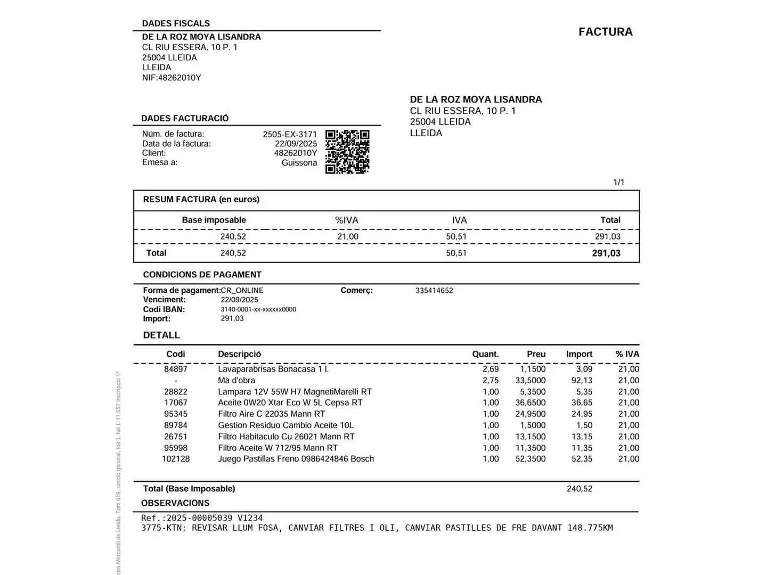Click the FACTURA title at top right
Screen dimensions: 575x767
pos(606,32)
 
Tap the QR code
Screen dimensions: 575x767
pos(347,152)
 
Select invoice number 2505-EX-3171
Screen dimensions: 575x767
pos(290,134)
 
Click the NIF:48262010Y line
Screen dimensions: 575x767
pos(172,78)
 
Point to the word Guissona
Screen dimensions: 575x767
pos(299,163)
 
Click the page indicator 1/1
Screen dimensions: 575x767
pos(619,183)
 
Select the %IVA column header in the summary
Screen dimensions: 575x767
pos(347,220)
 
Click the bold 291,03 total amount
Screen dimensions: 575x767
pos(606,253)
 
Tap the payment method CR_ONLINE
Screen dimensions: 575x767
pos(242,291)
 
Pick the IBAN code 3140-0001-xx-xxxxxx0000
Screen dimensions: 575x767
pos(258,309)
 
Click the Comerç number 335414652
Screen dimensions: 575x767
pos(434,291)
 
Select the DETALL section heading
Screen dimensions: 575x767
pos(161,335)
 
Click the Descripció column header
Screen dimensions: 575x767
pos(240,354)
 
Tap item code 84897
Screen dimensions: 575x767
pos(176,369)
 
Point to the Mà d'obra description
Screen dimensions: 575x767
pos(236,380)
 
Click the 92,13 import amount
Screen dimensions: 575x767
pos(582,380)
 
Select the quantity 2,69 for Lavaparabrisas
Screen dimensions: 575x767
pos(491,369)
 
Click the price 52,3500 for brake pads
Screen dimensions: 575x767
pos(531,459)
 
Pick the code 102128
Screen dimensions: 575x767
pos(176,459)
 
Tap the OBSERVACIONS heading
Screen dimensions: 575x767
pos(175,503)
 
